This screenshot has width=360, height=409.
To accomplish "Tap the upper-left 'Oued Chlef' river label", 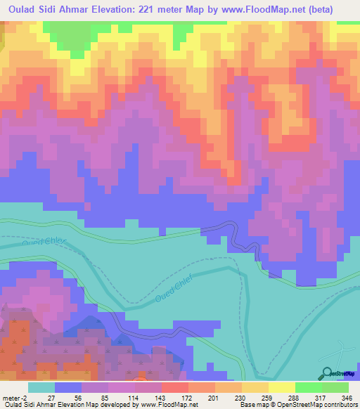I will pyautogui.click(x=44, y=244).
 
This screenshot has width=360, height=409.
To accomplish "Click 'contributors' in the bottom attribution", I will pyautogui.click(x=339, y=405).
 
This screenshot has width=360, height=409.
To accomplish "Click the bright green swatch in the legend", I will pyautogui.click(x=309, y=387).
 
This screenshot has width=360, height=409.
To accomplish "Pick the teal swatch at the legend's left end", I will pyautogui.click(x=41, y=387).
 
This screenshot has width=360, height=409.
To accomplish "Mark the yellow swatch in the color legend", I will pyautogui.click(x=282, y=387).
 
